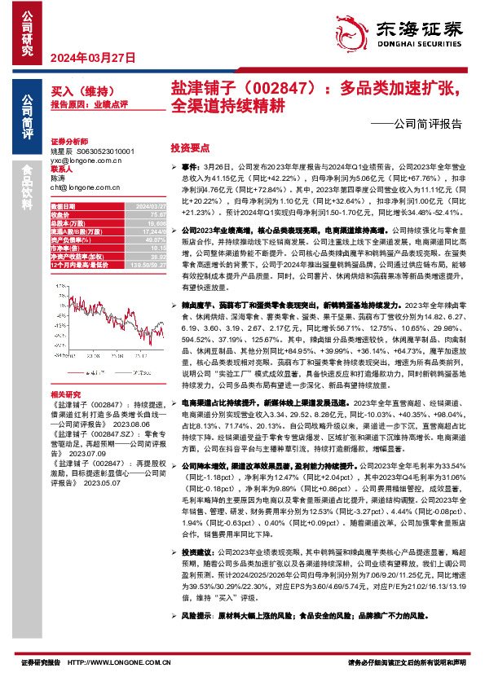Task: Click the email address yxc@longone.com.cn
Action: tap(86, 161)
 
